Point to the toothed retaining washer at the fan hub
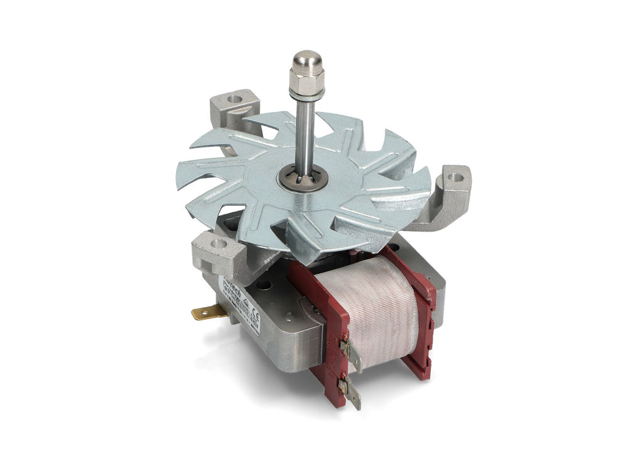pos(301,177)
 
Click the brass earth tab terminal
pos(206,311)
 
